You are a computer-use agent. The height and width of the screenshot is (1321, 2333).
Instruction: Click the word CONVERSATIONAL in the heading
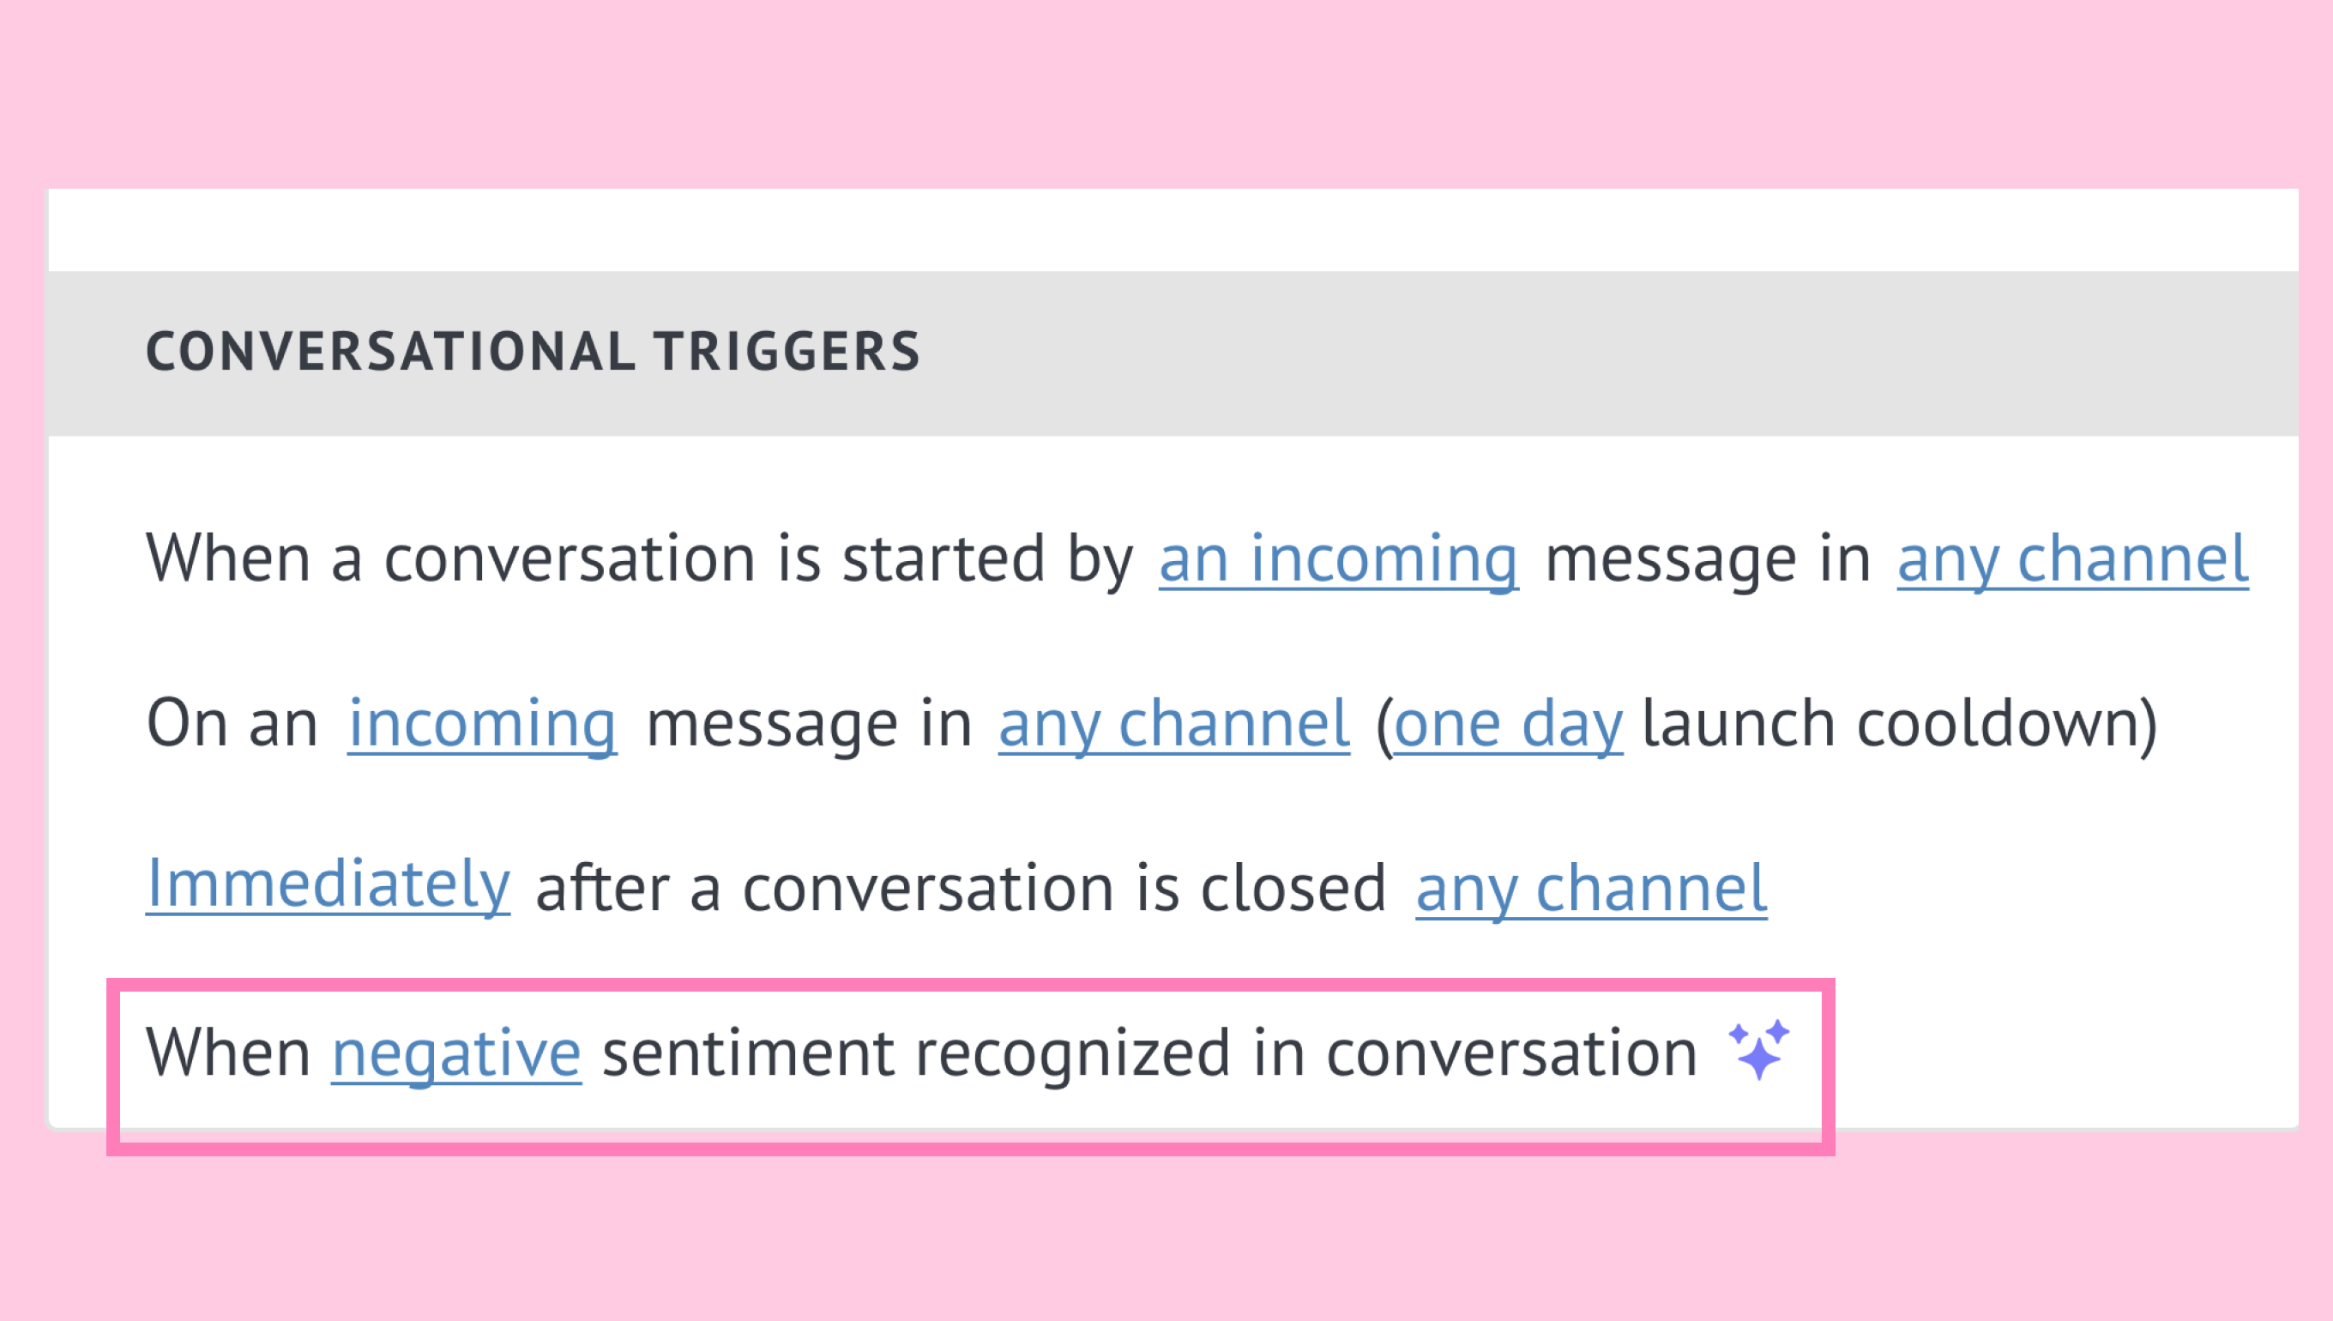click(x=391, y=352)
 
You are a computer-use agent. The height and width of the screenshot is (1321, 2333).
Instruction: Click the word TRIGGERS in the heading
click(x=787, y=352)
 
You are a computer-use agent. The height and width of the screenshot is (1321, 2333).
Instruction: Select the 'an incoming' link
click(x=1339, y=559)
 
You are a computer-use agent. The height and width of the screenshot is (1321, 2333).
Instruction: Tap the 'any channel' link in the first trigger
click(x=2072, y=559)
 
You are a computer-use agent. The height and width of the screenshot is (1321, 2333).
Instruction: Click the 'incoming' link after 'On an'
click(x=483, y=724)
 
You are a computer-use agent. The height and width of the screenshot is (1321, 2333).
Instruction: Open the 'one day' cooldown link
click(x=1509, y=724)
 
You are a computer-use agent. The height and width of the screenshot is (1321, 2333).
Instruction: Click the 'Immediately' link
click(x=329, y=884)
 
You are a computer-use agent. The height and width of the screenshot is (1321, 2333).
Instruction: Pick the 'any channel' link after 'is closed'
click(x=1592, y=888)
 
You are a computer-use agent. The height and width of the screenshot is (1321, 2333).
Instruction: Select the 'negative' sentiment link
click(x=456, y=1053)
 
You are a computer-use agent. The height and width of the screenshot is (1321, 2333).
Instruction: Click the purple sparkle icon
click(x=1759, y=1050)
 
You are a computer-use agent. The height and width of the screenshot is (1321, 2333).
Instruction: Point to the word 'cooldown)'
click(x=2007, y=724)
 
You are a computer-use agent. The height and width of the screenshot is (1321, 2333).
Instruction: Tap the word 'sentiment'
click(x=748, y=1053)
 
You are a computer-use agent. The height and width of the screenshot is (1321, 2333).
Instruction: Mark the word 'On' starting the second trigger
click(x=186, y=724)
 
